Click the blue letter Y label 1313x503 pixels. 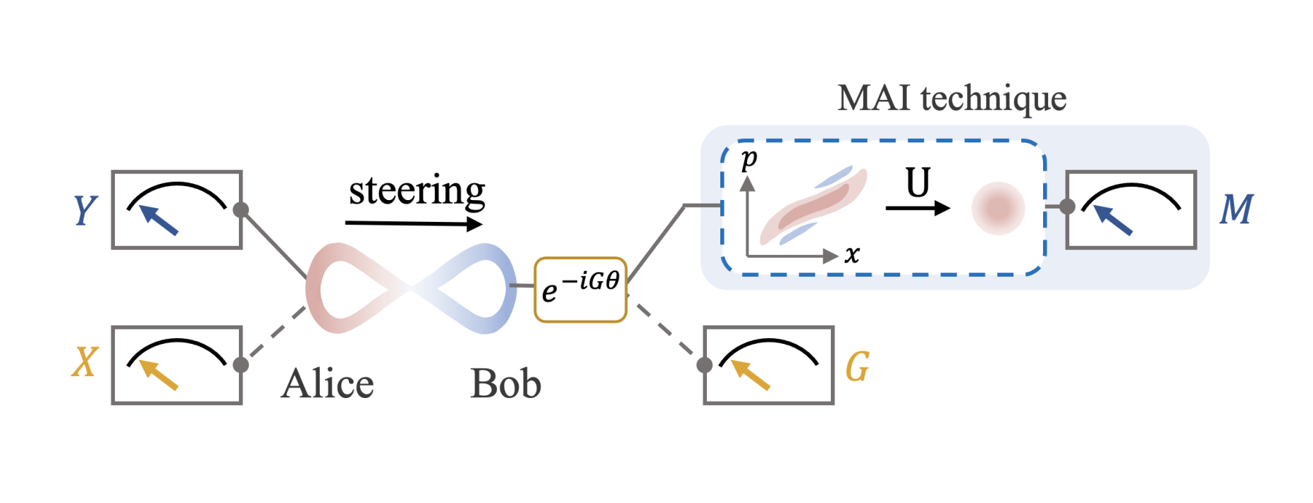click(85, 211)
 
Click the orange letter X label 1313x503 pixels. click(85, 364)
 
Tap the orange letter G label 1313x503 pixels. click(857, 366)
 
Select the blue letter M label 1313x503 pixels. click(1236, 210)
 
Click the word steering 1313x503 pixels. click(417, 190)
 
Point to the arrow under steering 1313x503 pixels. click(414, 224)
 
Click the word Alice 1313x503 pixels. click(328, 385)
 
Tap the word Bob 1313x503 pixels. click(505, 385)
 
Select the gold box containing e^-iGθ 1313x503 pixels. click(581, 290)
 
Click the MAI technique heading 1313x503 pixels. click(951, 98)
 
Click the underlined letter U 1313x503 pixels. click(918, 183)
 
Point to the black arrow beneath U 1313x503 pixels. click(918, 208)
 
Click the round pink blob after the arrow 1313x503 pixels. click(998, 209)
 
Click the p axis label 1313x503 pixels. click(749, 159)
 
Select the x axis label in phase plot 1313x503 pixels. click(852, 254)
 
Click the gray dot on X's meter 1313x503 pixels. click(241, 365)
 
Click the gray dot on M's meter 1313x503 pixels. click(1067, 206)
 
